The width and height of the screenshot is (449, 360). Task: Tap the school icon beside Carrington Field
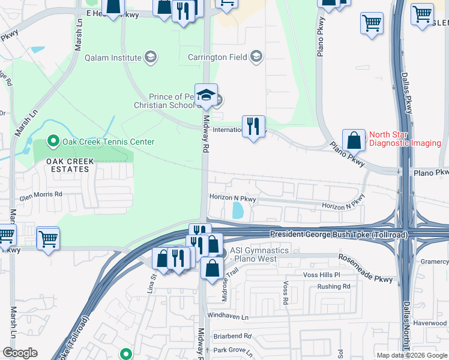[257, 57]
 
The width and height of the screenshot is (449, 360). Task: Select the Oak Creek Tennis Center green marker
[53, 142]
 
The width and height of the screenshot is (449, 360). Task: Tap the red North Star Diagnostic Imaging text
[405, 139]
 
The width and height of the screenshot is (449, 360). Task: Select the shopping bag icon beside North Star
[354, 141]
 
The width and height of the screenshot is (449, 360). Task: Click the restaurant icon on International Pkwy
[253, 127]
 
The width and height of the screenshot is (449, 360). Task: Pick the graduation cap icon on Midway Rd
[206, 95]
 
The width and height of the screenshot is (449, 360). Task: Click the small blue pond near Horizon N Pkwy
[237, 210]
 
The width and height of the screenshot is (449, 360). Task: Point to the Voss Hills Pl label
[322, 275]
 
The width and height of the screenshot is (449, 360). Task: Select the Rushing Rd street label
[334, 287]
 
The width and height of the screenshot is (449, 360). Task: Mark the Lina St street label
[151, 283]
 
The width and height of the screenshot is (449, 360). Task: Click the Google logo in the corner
[20, 353]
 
